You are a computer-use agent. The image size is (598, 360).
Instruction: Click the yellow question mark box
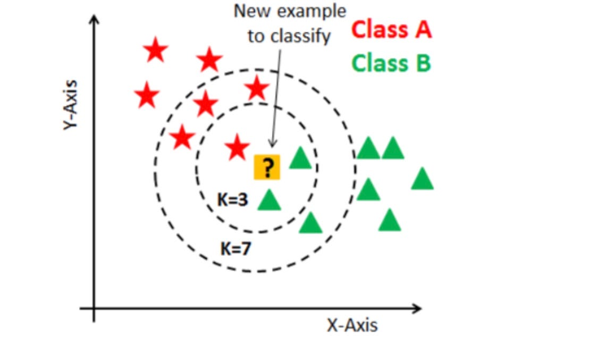267,168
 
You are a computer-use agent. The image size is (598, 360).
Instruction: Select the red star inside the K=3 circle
237,147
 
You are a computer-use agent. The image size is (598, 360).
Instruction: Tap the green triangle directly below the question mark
269,200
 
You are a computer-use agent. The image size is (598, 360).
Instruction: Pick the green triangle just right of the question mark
300,158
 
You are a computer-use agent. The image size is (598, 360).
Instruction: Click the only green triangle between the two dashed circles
311,223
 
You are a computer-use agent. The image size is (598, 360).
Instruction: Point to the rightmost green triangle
423,179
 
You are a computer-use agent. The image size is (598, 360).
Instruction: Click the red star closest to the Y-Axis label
147,96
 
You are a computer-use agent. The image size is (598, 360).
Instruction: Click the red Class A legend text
392,30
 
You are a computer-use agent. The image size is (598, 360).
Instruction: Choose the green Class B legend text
391,63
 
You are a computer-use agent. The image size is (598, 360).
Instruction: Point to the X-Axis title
352,325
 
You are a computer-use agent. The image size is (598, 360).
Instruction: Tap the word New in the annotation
252,11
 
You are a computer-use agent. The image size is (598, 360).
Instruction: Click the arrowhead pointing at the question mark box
272,143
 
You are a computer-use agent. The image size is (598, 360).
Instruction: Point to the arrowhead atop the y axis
95,20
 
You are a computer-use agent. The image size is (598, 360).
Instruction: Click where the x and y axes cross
94,308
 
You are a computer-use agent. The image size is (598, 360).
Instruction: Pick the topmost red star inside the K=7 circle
257,88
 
